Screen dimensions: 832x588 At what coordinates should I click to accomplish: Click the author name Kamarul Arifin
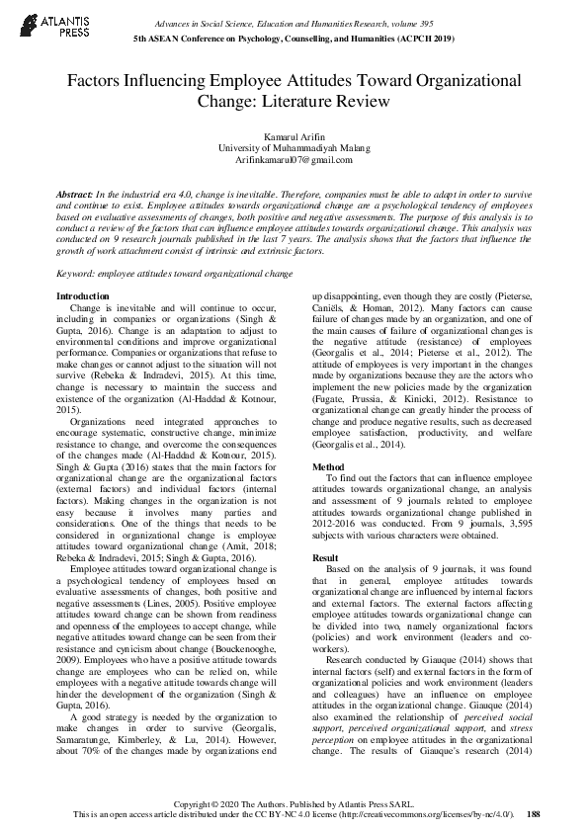(294, 135)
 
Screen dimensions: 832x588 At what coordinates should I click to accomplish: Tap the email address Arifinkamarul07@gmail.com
(294, 158)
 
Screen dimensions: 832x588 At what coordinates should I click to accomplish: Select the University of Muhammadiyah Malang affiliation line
(294, 147)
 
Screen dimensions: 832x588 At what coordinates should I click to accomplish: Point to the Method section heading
(328, 466)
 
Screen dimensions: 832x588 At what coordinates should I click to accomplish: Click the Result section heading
(325, 558)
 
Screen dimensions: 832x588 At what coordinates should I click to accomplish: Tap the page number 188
(534, 814)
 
